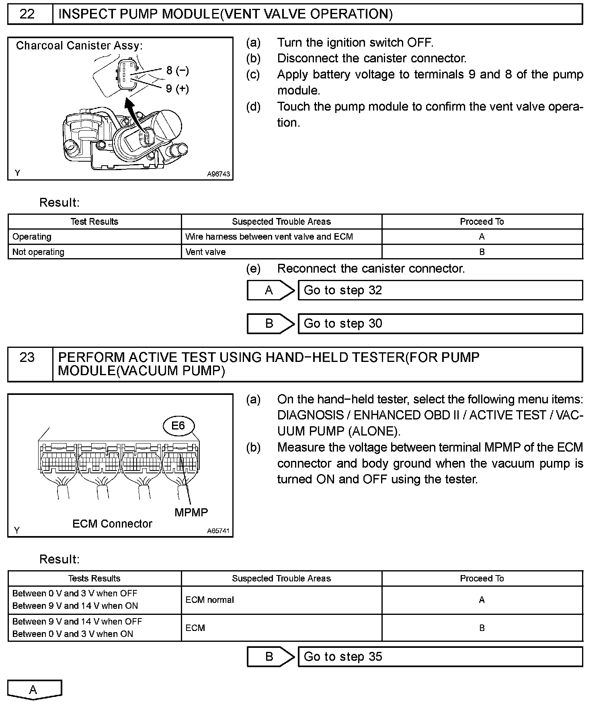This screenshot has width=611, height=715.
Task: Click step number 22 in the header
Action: pos(27,14)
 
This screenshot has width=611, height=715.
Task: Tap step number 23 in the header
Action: pos(27,357)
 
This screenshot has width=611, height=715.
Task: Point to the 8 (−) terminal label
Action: pos(177,71)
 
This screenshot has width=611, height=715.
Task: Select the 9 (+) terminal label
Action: pos(177,88)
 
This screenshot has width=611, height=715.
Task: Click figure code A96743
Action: pos(218,174)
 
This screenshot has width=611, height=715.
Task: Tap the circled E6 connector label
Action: pos(178,426)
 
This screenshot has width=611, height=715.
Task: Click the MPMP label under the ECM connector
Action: pos(191,512)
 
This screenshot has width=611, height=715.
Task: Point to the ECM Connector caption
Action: pos(112,524)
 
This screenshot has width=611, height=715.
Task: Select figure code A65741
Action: pos(218,531)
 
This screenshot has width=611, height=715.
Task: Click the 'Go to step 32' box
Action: pos(440,290)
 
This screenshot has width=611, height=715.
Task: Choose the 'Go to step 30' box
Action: pos(440,324)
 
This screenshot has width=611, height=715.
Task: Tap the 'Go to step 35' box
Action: pos(440,657)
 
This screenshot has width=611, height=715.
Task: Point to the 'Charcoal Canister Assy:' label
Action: pos(79,46)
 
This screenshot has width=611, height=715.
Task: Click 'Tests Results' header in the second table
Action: pos(94,578)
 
